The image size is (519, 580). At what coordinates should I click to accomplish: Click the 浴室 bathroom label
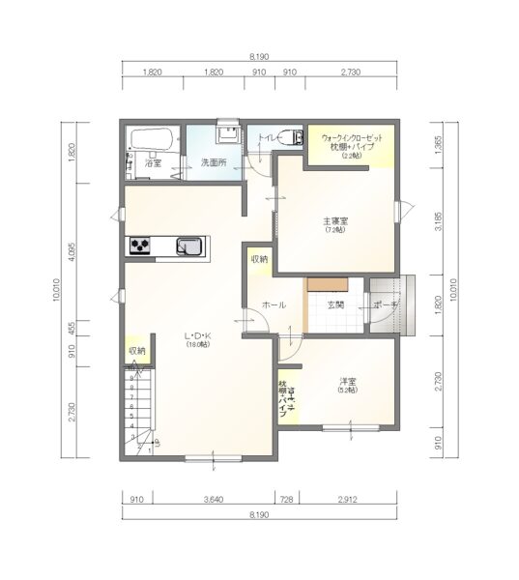pyautogui.click(x=153, y=164)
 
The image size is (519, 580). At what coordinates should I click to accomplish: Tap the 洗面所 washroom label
pyautogui.click(x=213, y=163)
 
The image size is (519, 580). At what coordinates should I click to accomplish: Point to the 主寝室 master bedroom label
pyautogui.click(x=335, y=222)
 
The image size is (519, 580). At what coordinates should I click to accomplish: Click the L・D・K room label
pyautogui.click(x=198, y=337)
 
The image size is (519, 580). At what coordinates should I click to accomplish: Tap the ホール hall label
pyautogui.click(x=274, y=304)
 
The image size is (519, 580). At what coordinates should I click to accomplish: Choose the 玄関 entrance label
pyautogui.click(x=335, y=304)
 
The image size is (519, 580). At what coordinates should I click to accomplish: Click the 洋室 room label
pyautogui.click(x=348, y=382)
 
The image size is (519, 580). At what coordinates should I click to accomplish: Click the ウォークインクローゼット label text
pyautogui.click(x=352, y=138)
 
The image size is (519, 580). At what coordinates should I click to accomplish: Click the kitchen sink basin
pyautogui.click(x=190, y=246)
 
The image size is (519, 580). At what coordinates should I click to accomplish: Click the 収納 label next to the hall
pyautogui.click(x=260, y=259)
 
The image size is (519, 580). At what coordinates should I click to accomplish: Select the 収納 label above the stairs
pyautogui.click(x=136, y=351)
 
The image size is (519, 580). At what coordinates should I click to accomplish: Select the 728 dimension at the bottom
pyautogui.click(x=287, y=500)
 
